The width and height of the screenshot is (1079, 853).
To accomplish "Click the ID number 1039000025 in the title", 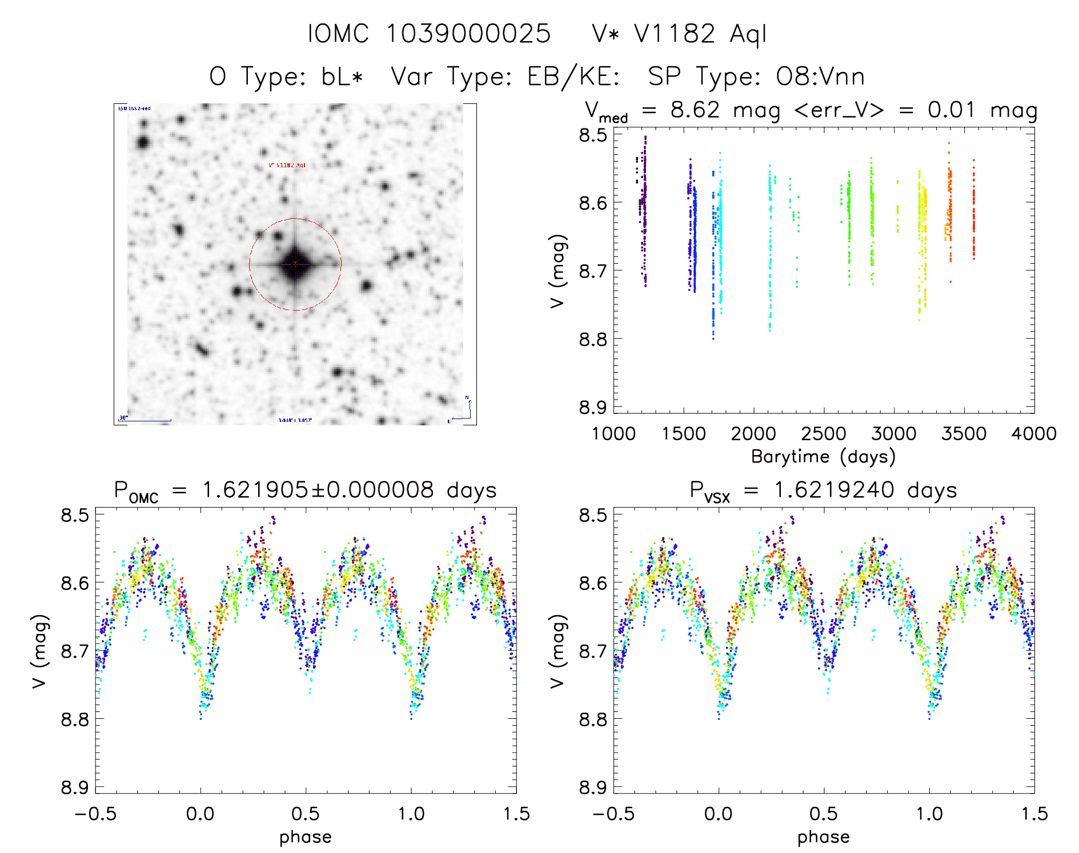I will click(x=468, y=34).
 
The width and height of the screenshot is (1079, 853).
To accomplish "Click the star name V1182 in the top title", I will click(x=674, y=34).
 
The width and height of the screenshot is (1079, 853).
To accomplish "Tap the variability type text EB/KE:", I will click(x=573, y=77).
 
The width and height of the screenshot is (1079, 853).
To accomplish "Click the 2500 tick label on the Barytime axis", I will click(x=824, y=434).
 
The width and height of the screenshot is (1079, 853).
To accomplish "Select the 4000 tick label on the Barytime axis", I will click(x=1034, y=434).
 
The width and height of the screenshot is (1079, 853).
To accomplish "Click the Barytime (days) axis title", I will click(x=823, y=457).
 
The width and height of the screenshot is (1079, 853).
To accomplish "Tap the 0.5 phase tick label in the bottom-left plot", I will click(x=306, y=814).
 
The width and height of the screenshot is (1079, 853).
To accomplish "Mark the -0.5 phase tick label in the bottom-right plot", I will click(x=613, y=814).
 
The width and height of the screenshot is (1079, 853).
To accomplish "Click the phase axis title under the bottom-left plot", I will click(x=306, y=837).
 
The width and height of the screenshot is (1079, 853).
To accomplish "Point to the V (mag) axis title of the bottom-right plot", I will click(x=557, y=651).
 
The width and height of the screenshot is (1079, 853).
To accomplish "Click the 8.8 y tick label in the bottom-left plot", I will click(x=75, y=719).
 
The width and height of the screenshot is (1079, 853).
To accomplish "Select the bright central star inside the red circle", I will click(x=295, y=264).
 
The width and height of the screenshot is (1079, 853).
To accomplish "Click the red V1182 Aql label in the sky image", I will click(x=287, y=166).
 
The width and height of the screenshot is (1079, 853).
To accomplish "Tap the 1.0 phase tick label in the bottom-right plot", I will click(x=929, y=814).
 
